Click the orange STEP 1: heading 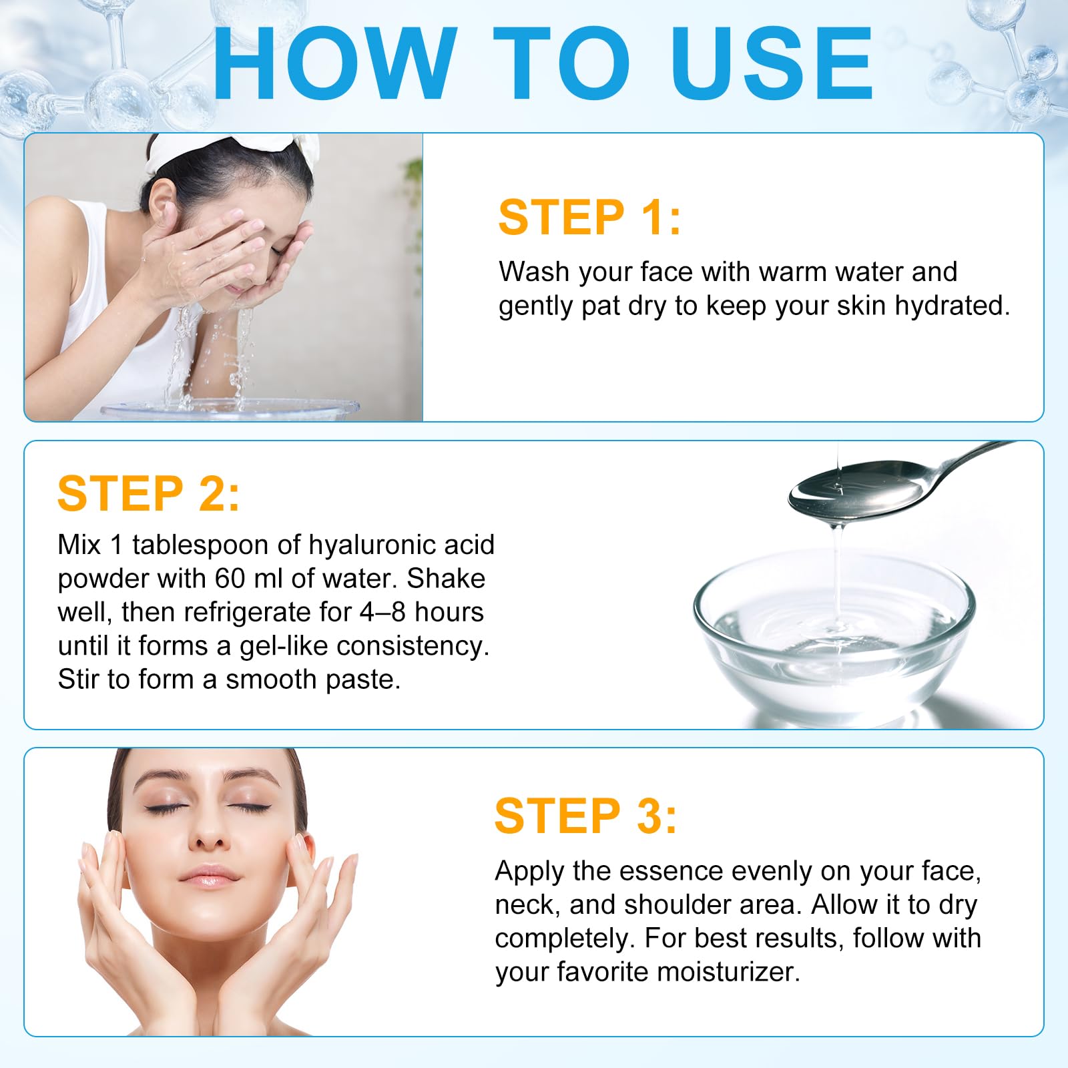coord(589,218)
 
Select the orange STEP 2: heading coord(148,494)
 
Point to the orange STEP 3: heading coord(585,816)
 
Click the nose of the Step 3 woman coord(210,834)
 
